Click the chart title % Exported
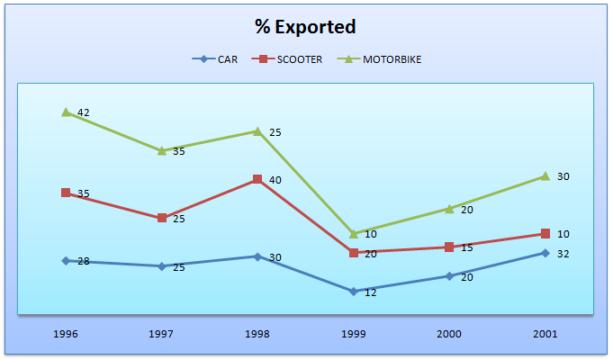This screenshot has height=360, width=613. click(306, 27)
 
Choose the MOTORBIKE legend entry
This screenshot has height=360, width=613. click(382, 59)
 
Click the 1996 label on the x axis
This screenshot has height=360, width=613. click(66, 334)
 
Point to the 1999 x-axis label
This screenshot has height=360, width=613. click(353, 334)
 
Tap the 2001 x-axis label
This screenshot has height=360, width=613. click(545, 334)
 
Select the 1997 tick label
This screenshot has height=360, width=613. click(161, 334)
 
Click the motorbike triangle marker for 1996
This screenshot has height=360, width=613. click(66, 112)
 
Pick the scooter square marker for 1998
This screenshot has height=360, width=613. click(257, 179)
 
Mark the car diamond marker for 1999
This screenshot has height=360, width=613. click(353, 292)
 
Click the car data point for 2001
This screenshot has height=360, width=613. click(545, 253)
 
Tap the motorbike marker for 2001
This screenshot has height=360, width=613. click(545, 175)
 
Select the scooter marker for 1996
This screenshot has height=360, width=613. click(66, 193)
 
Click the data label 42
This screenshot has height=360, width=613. click(84, 112)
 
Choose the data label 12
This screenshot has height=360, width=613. click(371, 293)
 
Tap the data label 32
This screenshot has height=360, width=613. click(563, 254)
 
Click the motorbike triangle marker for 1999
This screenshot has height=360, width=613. click(353, 233)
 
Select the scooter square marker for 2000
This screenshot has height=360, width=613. click(449, 247)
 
